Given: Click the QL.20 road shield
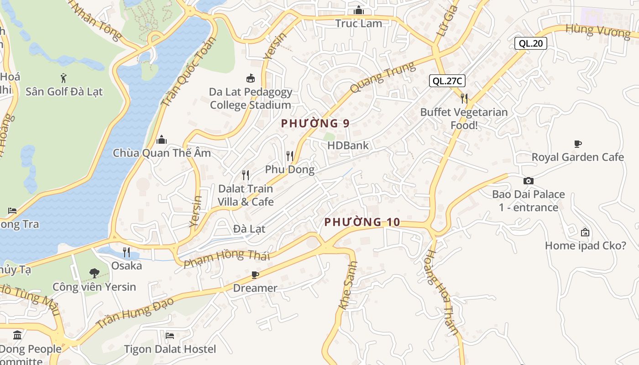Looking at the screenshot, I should pos(531,43).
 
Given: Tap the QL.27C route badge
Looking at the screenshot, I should pos(447,81).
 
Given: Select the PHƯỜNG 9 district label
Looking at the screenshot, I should pos(315,123).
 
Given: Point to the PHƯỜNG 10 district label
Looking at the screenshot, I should pos(362,222).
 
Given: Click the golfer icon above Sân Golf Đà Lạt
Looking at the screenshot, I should pos(63,78).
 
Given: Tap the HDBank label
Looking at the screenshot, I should pos(348,146).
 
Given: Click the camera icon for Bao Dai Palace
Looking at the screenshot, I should pos(529,181).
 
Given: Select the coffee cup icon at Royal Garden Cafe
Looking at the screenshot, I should pos(578,144).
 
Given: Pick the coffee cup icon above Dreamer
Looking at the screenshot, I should pos(255,275).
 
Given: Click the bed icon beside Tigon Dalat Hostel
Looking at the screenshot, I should pos(170,336).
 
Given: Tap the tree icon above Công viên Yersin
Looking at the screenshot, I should pos(94,273).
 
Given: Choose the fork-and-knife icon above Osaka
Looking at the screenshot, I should pos(126,252).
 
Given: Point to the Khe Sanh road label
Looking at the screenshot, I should pos(348,285).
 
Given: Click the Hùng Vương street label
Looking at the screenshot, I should pos(597,31).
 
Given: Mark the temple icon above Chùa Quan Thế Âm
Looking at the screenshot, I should pos(162,140).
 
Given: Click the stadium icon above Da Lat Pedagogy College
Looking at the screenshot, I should pos(250,78).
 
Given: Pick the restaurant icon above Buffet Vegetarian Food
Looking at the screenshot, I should pos(464,98).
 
